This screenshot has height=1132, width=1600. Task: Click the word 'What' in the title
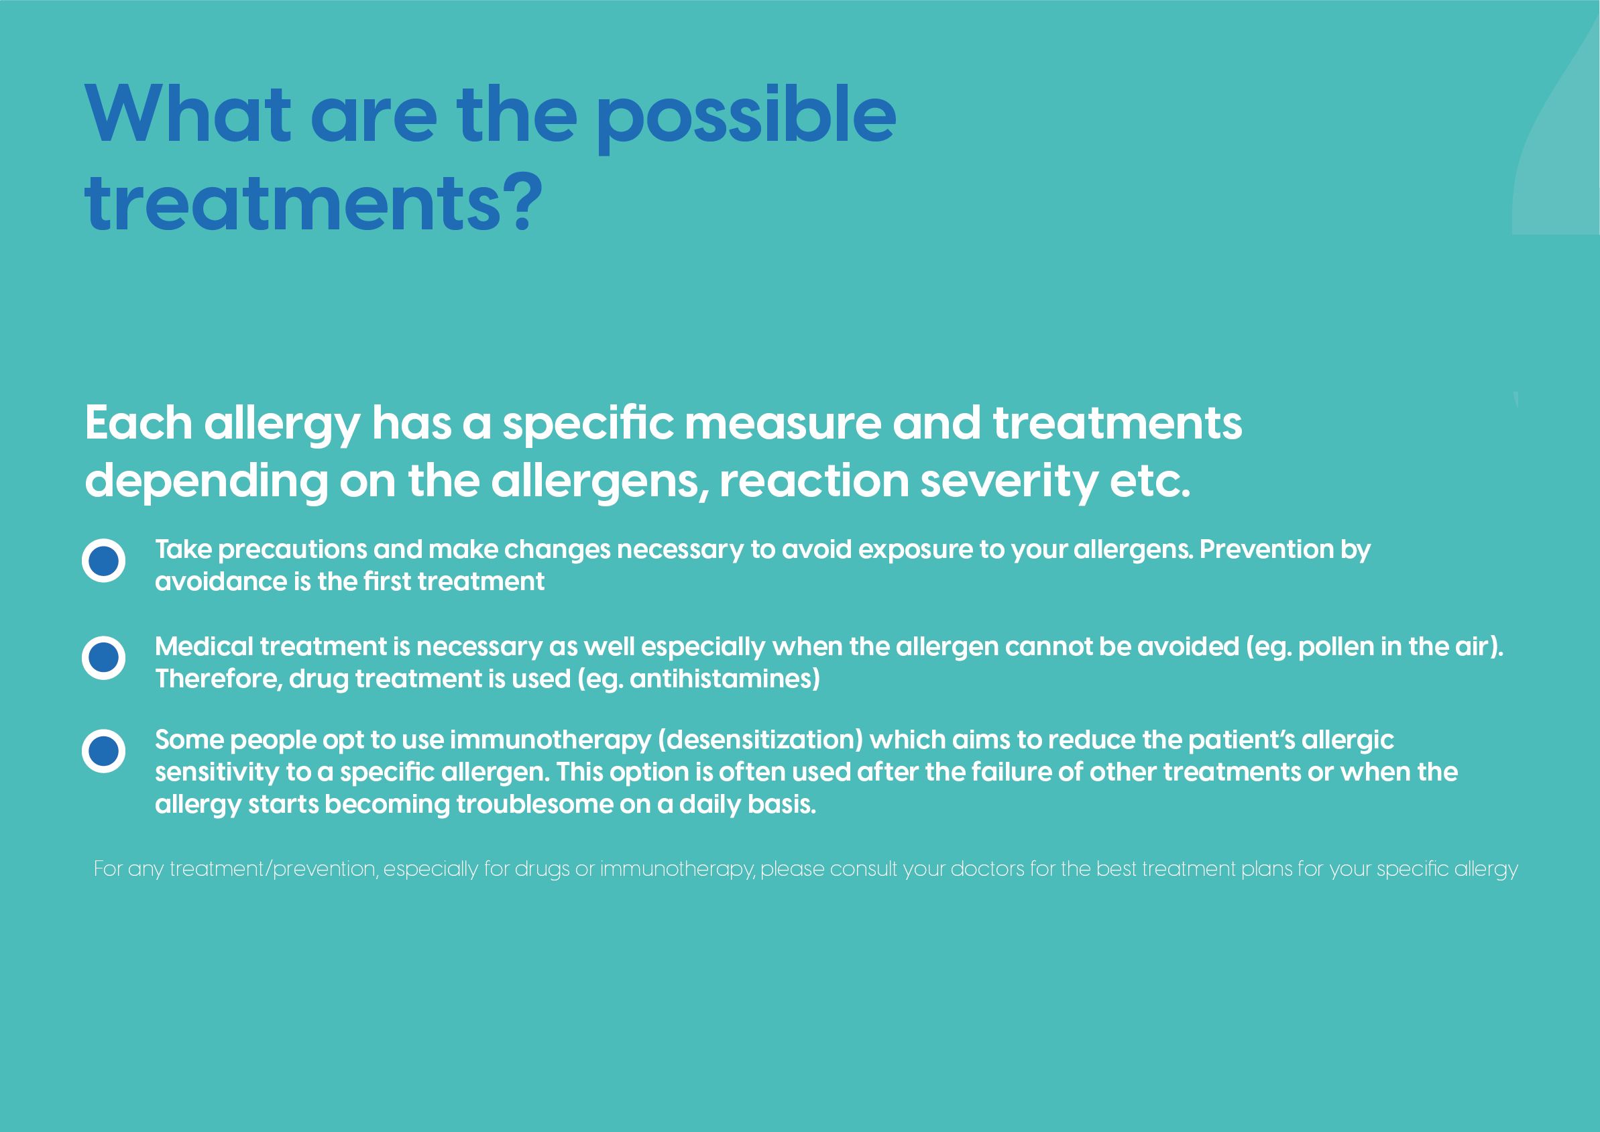click(x=188, y=113)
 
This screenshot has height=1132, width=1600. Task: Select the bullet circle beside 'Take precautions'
click(x=104, y=561)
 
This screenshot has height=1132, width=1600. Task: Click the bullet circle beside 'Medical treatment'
click(x=104, y=657)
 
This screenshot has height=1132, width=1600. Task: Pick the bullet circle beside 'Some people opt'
click(x=104, y=751)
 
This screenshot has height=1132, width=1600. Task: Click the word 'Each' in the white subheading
click(x=139, y=423)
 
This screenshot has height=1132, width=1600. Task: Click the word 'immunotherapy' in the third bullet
click(x=551, y=741)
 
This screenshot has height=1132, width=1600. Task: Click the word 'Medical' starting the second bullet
click(x=204, y=646)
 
